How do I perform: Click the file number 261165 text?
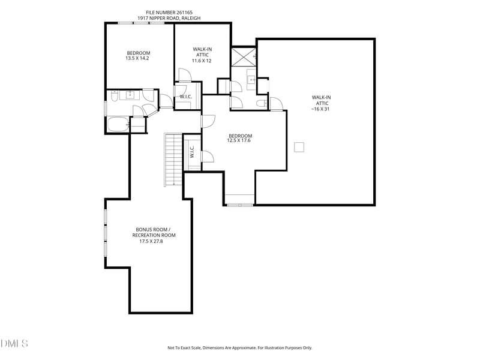(x=169, y=13)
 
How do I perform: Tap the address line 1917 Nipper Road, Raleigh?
(x=169, y=18)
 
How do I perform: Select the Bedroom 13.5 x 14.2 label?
(x=138, y=55)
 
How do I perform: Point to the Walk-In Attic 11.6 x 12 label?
(x=202, y=55)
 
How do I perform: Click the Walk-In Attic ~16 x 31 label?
(x=321, y=103)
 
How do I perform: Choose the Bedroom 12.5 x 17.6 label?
(x=240, y=138)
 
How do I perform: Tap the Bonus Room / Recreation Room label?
(x=154, y=235)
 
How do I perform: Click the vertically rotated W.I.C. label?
(x=192, y=152)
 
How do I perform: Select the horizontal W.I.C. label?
(x=186, y=97)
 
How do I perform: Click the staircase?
(x=173, y=160)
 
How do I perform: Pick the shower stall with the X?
(x=243, y=56)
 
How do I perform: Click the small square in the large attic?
(x=299, y=147)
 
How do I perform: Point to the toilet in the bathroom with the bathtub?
(x=114, y=96)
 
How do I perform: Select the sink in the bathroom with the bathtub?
(x=131, y=95)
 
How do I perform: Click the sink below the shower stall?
(x=251, y=80)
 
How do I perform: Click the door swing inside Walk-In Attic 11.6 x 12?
(x=185, y=75)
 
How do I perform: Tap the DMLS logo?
(x=14, y=343)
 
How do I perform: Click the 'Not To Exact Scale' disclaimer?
(x=239, y=348)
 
